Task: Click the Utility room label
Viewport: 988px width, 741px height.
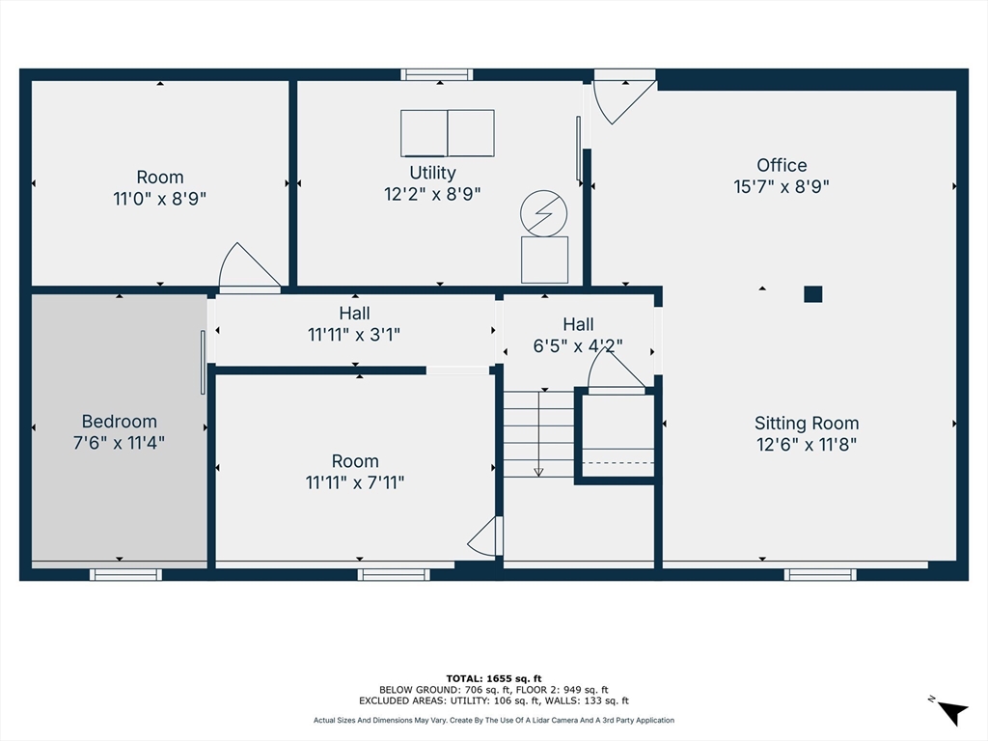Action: [432, 173]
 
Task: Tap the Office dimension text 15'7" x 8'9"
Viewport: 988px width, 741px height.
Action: [782, 186]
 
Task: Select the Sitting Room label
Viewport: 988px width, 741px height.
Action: [807, 423]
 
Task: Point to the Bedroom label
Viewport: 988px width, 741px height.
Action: [119, 422]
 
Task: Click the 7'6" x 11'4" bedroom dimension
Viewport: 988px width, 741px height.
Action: [119, 443]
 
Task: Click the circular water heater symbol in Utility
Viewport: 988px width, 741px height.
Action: [544, 213]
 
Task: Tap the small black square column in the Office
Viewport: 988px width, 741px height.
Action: [812, 294]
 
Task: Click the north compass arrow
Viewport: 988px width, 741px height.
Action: [951, 712]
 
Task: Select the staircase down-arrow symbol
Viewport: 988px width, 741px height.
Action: [538, 433]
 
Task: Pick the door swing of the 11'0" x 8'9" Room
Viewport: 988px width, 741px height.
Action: [250, 267]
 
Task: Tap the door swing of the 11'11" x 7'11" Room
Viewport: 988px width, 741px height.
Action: [484, 536]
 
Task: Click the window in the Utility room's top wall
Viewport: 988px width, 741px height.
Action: [437, 75]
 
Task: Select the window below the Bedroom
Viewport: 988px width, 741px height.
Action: [125, 575]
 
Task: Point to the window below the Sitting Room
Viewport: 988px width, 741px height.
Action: [820, 575]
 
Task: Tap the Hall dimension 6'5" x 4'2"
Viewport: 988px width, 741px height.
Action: [578, 346]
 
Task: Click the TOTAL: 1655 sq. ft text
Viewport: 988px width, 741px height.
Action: [494, 678]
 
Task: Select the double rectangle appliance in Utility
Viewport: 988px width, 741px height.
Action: [448, 133]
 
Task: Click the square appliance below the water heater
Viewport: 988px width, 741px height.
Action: [544, 260]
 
